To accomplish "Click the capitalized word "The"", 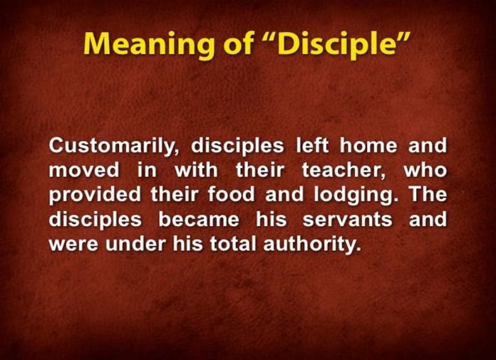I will pyautogui.click(x=427, y=195).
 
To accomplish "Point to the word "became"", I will pyautogui.click(x=197, y=220).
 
